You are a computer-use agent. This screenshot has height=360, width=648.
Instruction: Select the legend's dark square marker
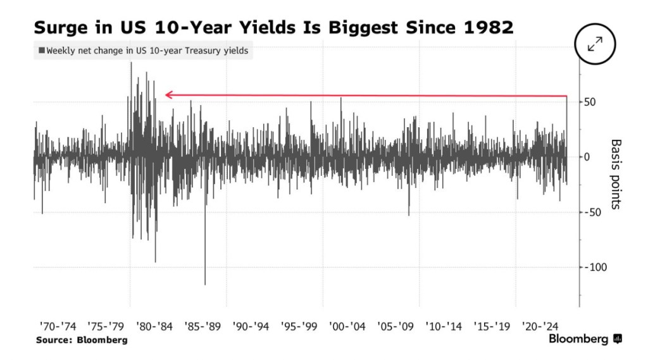tap(42, 51)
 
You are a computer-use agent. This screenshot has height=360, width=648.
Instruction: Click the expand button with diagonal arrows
tap(595, 44)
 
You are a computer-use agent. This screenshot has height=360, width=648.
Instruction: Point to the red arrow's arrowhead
tap(168, 95)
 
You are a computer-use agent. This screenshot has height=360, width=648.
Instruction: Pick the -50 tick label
tap(594, 212)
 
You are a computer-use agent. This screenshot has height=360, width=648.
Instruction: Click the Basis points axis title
tap(616, 175)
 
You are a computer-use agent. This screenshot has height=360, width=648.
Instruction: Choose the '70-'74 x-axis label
tap(57, 326)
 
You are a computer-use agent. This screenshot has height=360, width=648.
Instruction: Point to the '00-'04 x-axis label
tap(347, 326)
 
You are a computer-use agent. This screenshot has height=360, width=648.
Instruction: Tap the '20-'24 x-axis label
tap(540, 326)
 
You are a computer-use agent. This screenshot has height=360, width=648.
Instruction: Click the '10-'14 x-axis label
tap(444, 326)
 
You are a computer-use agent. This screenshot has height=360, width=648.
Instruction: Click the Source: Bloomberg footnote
tap(82, 340)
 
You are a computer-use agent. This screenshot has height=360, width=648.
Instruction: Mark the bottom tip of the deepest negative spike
tap(205, 284)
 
